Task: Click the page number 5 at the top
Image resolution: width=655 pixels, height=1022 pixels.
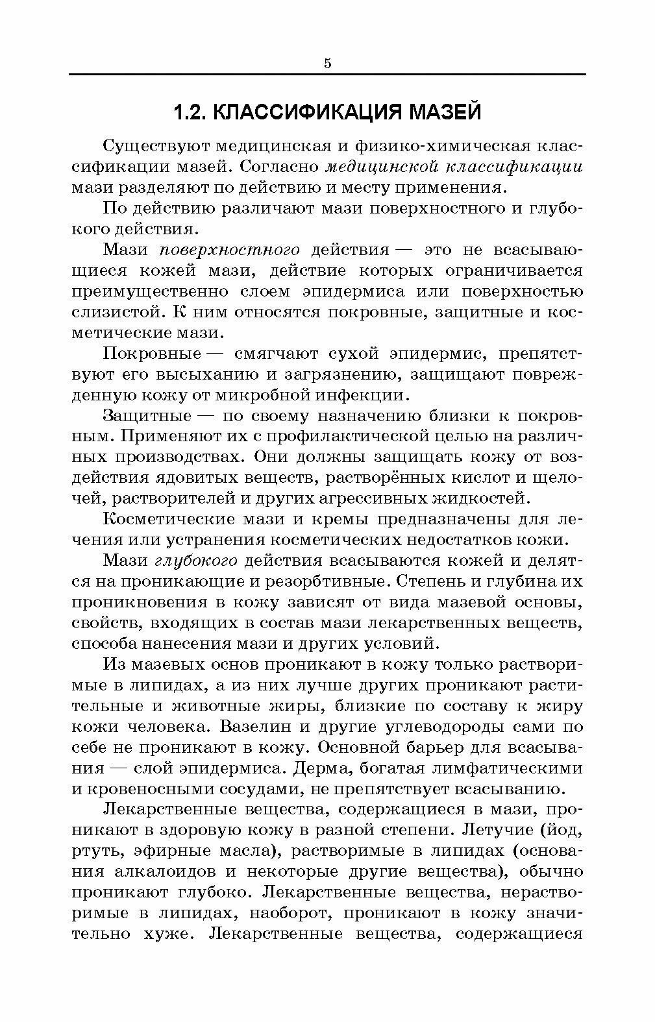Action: [327, 63]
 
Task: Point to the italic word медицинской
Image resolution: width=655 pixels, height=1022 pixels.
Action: [373, 167]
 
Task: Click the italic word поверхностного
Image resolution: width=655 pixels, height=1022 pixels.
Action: [229, 250]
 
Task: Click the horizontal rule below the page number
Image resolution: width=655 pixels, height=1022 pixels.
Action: [327, 75]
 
